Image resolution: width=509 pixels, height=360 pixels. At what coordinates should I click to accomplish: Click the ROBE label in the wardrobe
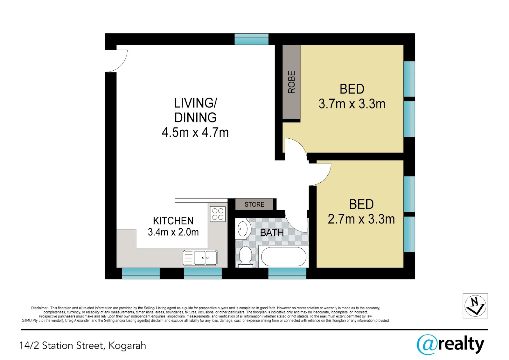coord(291,82)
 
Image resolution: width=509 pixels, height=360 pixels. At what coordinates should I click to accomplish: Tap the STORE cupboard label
coord(254,204)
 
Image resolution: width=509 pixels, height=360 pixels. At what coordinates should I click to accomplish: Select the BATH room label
coord(272,233)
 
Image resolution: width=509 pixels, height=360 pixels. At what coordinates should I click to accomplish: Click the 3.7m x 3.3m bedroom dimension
coord(352,104)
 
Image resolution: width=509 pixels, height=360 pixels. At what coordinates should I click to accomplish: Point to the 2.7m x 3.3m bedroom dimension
coord(361,219)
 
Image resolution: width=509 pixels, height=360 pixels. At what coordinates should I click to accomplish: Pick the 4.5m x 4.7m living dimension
coord(195,133)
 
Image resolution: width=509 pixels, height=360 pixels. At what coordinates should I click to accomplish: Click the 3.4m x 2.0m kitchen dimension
coord(173,232)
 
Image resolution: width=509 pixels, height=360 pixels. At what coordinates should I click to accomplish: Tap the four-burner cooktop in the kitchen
coord(218,214)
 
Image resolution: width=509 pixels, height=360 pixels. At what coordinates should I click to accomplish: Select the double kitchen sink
coord(200,258)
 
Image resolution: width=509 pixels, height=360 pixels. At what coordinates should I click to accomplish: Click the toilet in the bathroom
coord(245,257)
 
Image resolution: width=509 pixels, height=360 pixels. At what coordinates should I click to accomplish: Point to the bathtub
coord(283,256)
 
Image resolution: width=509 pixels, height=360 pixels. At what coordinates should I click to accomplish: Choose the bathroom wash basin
coord(243,229)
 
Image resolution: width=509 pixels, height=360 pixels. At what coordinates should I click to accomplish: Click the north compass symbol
coord(475,306)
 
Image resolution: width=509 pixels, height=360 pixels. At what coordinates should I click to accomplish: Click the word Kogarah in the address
coord(127,346)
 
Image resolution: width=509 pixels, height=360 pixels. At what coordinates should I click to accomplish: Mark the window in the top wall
coord(251,39)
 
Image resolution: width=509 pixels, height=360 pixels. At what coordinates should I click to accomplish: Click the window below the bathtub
coord(287,273)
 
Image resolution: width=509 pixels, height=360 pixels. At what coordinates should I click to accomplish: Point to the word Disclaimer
coord(39,308)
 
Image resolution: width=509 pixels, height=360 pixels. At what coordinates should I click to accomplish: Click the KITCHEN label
coord(173,221)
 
